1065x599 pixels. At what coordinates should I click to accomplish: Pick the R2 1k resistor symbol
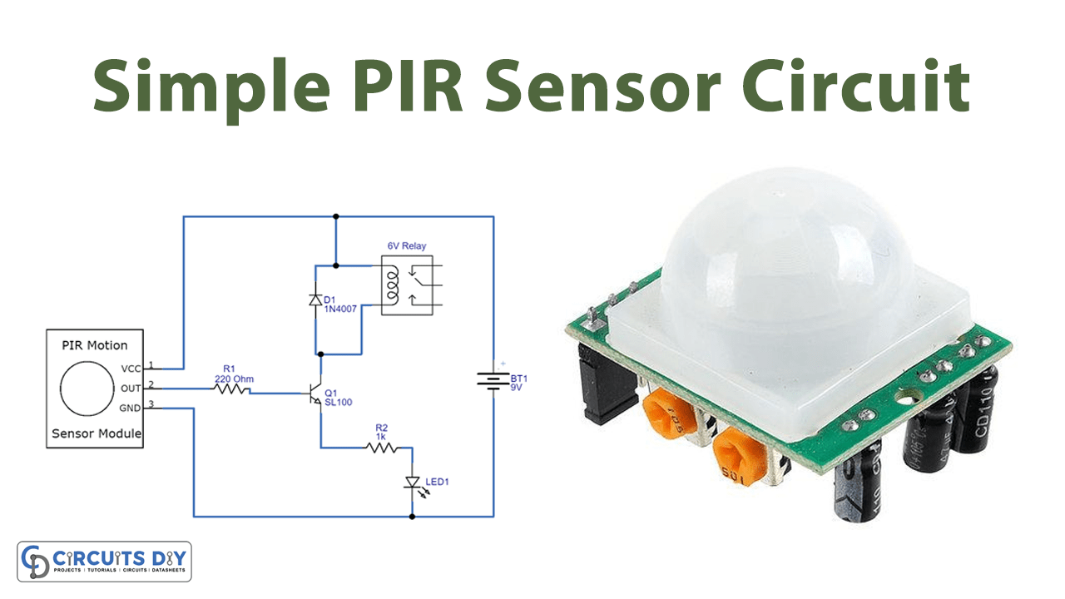(x=383, y=448)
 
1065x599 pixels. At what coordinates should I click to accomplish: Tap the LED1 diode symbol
(x=412, y=483)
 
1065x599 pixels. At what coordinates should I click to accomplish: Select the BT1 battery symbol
(x=493, y=381)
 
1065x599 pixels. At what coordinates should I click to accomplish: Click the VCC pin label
(x=131, y=368)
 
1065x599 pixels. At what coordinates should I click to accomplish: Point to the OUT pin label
(x=131, y=387)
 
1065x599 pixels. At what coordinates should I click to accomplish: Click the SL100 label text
(x=339, y=403)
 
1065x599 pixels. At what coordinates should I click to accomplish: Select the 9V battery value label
(x=517, y=389)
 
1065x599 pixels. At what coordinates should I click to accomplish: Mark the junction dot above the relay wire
(x=335, y=216)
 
